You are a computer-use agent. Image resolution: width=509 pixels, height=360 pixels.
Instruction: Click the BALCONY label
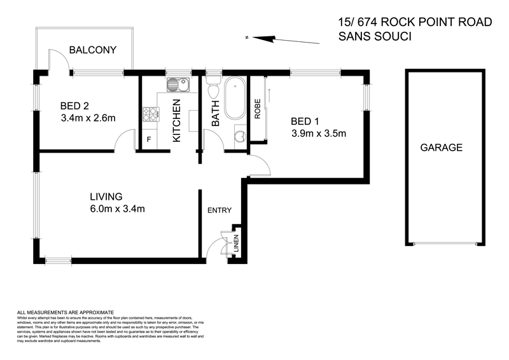coord(92,50)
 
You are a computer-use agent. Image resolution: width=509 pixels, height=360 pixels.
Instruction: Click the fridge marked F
coord(149,139)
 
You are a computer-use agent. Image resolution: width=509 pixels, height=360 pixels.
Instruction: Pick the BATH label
coord(215,113)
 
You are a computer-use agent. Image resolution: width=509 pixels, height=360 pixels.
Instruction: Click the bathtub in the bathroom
coord(234,99)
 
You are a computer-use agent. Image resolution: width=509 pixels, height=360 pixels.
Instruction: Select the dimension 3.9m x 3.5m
coord(318,134)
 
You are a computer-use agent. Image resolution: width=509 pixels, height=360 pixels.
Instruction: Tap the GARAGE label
coord(440,148)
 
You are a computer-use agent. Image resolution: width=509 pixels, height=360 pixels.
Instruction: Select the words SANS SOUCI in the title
coord(375,37)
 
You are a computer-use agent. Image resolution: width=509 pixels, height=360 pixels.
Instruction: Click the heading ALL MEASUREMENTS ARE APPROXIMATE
coord(65,313)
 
